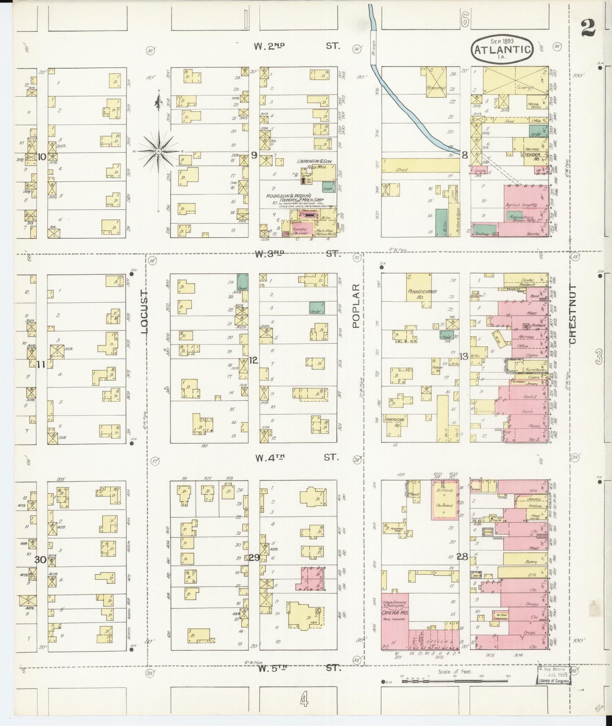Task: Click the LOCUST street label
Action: tap(144, 312)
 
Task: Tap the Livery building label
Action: tap(524, 89)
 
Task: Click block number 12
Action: tap(253, 360)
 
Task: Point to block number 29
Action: tap(254, 558)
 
